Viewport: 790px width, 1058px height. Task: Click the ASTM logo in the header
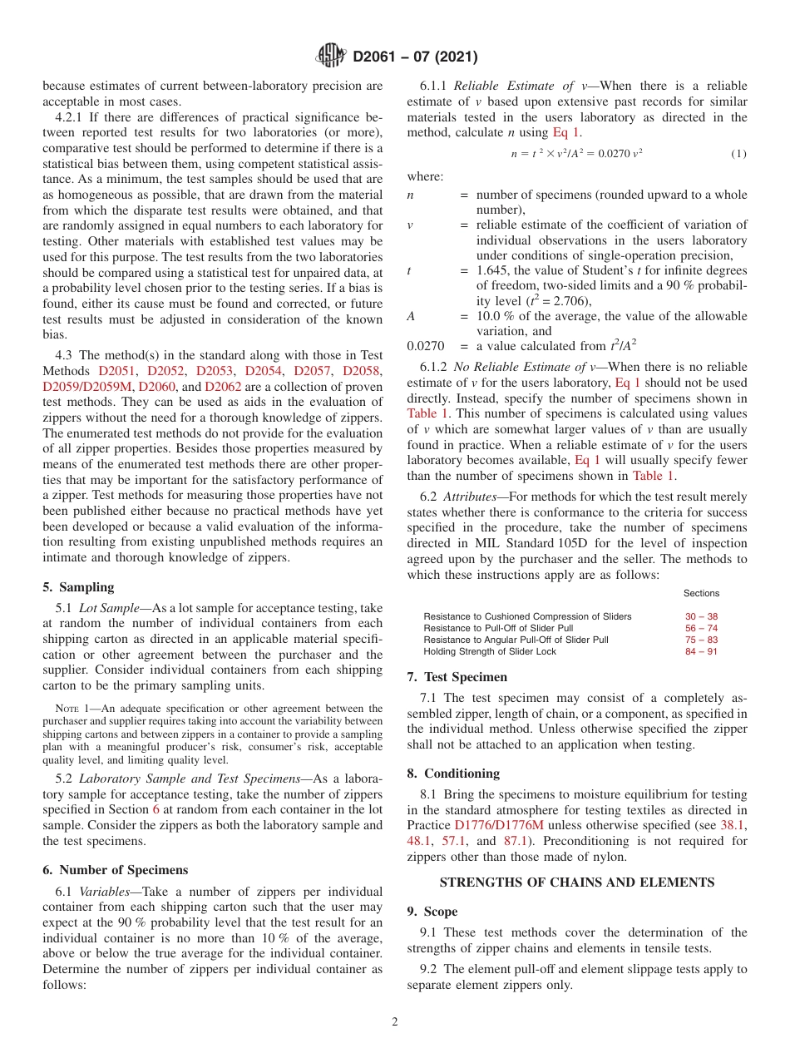pyautogui.click(x=332, y=57)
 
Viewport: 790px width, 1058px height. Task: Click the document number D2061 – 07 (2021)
pyautogui.click(x=415, y=57)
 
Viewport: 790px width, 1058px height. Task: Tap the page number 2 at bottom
pyautogui.click(x=395, y=1022)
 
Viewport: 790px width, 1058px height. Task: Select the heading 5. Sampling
pyautogui.click(x=78, y=587)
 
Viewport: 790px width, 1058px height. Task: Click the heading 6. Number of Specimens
pyautogui.click(x=115, y=870)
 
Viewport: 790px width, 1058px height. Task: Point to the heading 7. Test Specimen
pyautogui.click(x=457, y=677)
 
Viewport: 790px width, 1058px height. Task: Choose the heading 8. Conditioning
pyautogui.click(x=453, y=774)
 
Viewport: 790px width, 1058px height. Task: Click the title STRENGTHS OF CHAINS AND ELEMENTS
pyautogui.click(x=576, y=882)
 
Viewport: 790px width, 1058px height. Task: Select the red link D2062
pyautogui.click(x=223, y=387)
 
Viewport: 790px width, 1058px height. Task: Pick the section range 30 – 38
pyautogui.click(x=701, y=616)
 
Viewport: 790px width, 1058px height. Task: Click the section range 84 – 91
pyautogui.click(x=701, y=651)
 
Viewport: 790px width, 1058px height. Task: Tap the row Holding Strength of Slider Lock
pyautogui.click(x=490, y=651)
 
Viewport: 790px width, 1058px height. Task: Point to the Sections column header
pyautogui.click(x=701, y=593)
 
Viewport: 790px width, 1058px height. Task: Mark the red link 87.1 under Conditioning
pyautogui.click(x=517, y=842)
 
